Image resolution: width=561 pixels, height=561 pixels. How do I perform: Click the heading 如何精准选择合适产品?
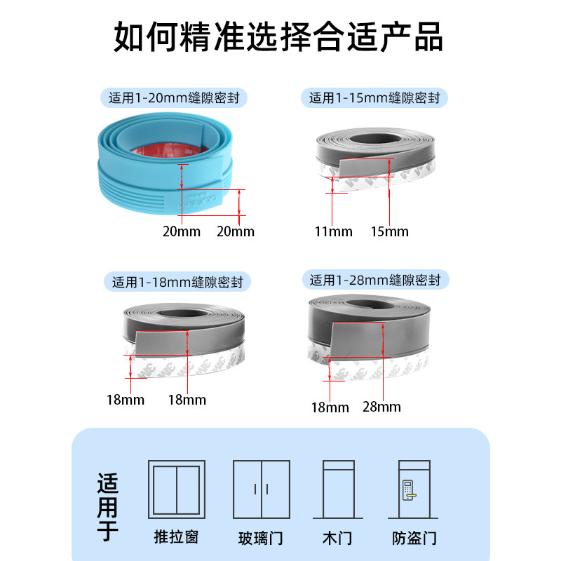[x=279, y=36]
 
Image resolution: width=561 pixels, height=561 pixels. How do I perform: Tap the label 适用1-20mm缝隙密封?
[x=178, y=97]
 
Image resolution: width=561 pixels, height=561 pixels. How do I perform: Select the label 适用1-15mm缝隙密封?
[x=374, y=97]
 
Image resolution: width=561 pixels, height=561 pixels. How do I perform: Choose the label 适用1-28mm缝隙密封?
[x=375, y=280]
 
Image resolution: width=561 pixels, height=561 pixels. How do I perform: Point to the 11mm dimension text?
[x=333, y=231]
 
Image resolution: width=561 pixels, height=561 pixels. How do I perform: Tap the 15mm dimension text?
[x=389, y=231]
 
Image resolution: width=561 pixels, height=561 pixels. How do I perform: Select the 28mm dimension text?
[x=382, y=407]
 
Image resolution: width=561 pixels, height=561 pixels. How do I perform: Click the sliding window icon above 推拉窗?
[x=177, y=489]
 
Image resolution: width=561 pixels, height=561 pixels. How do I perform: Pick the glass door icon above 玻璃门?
[x=261, y=489]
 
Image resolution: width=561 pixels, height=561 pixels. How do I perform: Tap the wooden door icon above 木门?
[x=337, y=489]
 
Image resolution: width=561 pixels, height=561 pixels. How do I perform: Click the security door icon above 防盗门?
[x=414, y=489]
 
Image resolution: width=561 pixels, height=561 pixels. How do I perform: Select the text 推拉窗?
[x=177, y=537]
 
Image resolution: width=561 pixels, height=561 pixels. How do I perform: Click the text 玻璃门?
[x=261, y=539]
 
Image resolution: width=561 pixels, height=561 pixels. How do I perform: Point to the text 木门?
[x=337, y=539]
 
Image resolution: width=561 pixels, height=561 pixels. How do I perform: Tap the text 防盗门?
[x=414, y=539]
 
